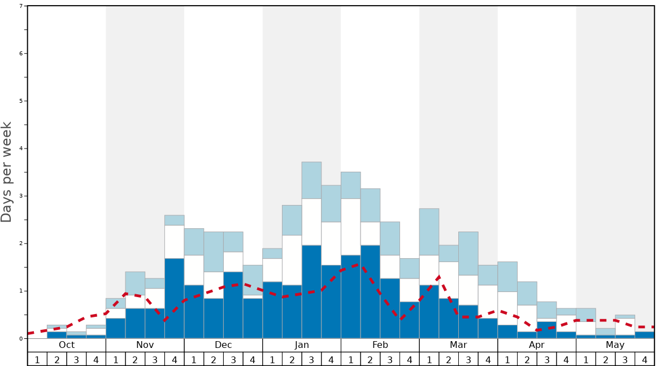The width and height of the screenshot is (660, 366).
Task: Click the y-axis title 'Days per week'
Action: click(x=7, y=172)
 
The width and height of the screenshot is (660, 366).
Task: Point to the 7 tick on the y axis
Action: click(x=21, y=6)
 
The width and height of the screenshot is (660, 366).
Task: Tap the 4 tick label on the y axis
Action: click(x=21, y=149)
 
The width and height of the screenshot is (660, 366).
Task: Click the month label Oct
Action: click(x=67, y=345)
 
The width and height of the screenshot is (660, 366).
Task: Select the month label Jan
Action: click(x=302, y=345)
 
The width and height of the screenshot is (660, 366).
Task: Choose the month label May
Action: click(x=615, y=345)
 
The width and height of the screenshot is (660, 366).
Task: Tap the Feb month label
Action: click(x=380, y=345)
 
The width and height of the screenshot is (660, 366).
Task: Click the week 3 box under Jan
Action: click(x=311, y=359)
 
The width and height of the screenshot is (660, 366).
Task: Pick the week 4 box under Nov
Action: click(x=174, y=359)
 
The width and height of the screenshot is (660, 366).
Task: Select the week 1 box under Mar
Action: click(x=429, y=359)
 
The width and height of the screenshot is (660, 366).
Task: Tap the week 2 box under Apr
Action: click(x=527, y=359)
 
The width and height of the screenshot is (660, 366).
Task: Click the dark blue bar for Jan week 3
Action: click(x=311, y=291)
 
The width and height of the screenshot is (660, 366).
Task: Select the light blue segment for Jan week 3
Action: click(x=311, y=180)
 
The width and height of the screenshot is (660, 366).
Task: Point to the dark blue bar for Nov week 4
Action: click(x=174, y=298)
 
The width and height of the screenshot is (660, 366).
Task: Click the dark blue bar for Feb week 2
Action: click(x=370, y=291)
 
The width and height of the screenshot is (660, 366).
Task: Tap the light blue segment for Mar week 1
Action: click(x=429, y=232)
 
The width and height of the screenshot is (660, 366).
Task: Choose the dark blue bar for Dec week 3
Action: click(x=233, y=305)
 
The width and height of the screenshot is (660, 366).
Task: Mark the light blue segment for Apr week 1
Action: click(x=507, y=276)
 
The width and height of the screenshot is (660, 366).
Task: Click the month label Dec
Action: click(x=223, y=345)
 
